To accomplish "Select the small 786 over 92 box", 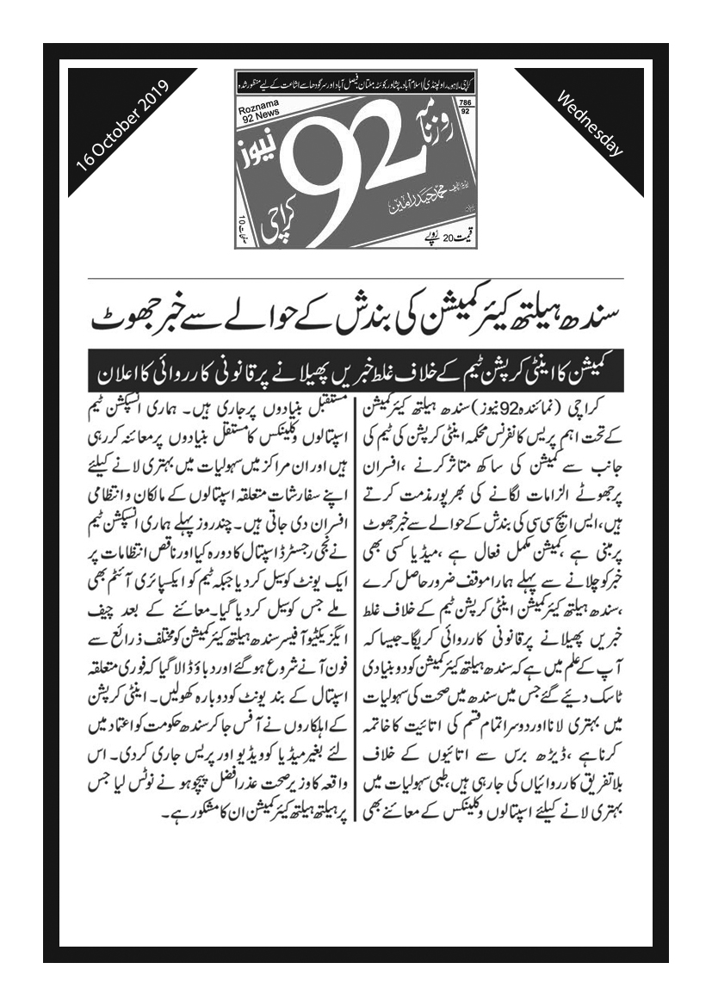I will click(466, 105).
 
